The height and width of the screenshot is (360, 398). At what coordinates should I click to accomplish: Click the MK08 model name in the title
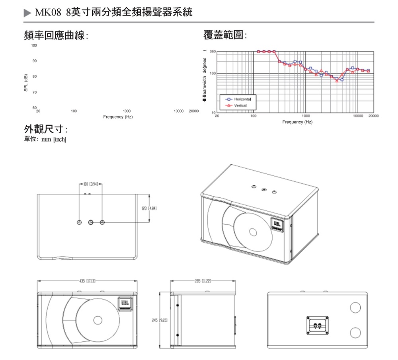[x=48, y=13]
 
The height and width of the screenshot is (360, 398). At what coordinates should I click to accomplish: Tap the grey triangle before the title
[x=27, y=13]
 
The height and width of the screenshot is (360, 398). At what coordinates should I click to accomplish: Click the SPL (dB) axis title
[x=26, y=83]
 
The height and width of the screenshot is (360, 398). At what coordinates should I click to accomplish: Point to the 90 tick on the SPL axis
[x=34, y=61]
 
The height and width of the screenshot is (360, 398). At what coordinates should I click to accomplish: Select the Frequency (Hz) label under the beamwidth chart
[x=297, y=122]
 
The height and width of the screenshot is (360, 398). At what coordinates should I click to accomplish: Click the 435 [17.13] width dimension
[x=87, y=281]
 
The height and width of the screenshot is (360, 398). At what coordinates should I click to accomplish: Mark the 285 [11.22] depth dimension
[x=203, y=281]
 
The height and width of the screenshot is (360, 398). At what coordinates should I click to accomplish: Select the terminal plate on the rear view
[x=317, y=325]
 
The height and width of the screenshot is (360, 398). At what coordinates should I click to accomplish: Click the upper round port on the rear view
[x=355, y=307]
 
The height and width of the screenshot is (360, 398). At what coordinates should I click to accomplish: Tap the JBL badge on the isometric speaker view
[x=277, y=225]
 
